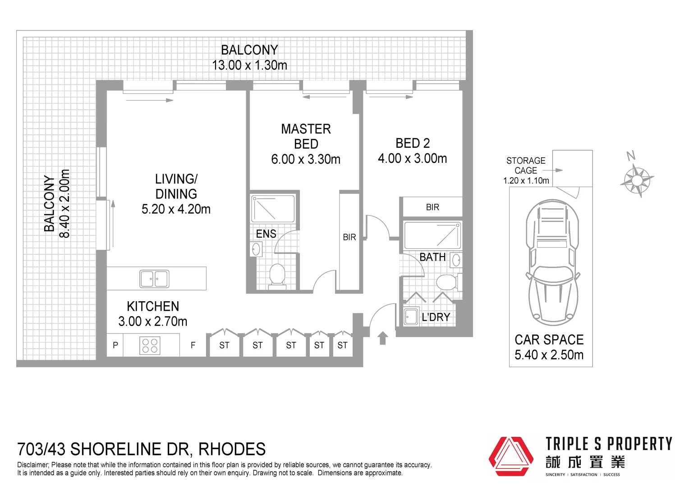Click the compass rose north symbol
point(636,179)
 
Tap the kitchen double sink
point(154,279)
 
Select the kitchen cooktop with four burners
point(150,346)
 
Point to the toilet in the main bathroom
point(446,283)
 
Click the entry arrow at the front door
point(382,338)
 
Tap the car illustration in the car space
point(552,262)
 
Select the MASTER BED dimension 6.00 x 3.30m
point(305,159)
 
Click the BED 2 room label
point(412,143)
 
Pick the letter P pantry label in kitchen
point(115,345)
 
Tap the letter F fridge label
point(193,345)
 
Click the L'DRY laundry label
point(436,317)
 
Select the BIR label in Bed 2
point(432,207)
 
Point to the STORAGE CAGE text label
point(526,165)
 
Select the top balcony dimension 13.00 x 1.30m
point(249,65)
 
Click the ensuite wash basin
point(256,249)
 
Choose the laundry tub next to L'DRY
point(411,317)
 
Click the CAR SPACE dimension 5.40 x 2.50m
point(549,355)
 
